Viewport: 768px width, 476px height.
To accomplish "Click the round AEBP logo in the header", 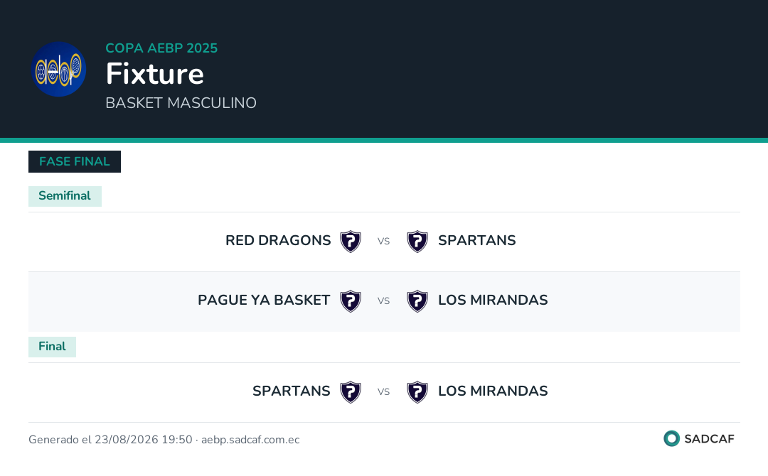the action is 59,69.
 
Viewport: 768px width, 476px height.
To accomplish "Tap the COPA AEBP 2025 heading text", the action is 161,48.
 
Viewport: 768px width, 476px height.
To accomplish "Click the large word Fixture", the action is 155,73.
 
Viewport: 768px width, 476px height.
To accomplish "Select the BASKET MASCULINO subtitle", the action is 181,103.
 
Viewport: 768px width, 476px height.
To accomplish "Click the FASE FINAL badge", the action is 75,161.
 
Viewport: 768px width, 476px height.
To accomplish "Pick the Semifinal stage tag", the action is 65,195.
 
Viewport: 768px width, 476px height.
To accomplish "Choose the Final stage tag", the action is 52,347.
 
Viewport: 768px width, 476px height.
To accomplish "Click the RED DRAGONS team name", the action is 278,240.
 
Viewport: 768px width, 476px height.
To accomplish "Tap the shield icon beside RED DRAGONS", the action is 351,241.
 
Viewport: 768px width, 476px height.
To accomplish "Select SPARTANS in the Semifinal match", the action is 477,240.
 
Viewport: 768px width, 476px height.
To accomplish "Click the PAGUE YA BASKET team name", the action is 264,300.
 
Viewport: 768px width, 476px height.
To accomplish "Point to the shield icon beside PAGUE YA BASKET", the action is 351,301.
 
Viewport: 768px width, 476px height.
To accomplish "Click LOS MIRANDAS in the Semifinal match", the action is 494,300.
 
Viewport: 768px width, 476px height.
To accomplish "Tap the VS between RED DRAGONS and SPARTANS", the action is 383,241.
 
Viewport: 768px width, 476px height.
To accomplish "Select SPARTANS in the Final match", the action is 292,391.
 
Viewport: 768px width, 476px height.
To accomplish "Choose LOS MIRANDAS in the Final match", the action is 494,391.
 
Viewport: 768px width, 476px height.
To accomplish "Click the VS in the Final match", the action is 383,392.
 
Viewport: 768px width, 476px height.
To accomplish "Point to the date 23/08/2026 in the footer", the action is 127,439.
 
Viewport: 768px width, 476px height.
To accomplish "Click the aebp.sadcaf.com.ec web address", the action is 250,439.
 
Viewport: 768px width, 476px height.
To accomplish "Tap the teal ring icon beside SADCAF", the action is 671,438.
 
